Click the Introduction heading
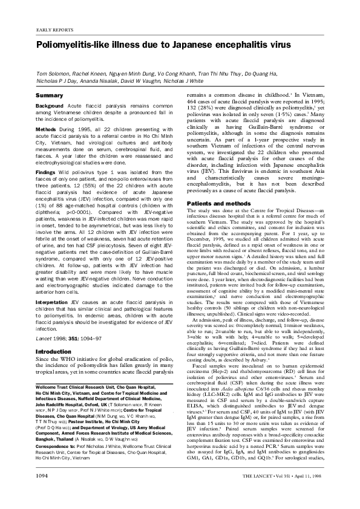point(54,334)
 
